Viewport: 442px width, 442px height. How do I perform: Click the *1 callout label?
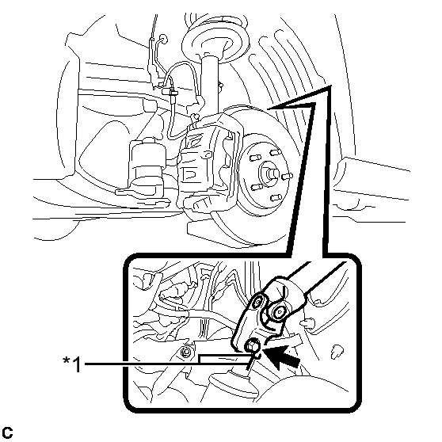click(x=72, y=364)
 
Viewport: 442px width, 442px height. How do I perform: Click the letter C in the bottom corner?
click(x=7, y=432)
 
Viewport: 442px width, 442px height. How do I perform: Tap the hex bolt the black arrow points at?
click(x=252, y=345)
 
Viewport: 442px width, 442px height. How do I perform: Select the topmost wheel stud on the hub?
click(x=275, y=153)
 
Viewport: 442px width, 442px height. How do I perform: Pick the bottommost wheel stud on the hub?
click(x=276, y=197)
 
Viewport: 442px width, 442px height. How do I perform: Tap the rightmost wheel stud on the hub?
click(x=287, y=177)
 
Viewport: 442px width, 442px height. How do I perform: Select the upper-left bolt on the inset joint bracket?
click(x=258, y=303)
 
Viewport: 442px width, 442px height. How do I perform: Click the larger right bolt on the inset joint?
click(x=279, y=312)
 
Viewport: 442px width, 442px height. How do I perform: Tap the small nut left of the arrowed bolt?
click(x=186, y=352)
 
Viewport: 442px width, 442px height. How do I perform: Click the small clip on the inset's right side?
click(x=337, y=351)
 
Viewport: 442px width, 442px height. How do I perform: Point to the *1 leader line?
click(x=166, y=364)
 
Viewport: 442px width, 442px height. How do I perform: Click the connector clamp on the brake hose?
click(x=170, y=91)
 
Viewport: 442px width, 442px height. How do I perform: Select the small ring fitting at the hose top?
click(x=163, y=38)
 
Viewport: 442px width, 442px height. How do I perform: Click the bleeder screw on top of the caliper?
click(x=194, y=117)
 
